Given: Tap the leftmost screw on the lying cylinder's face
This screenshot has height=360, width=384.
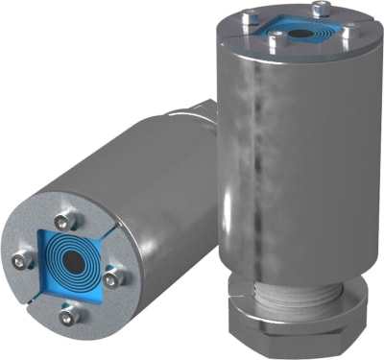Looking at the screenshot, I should coord(21,259).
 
